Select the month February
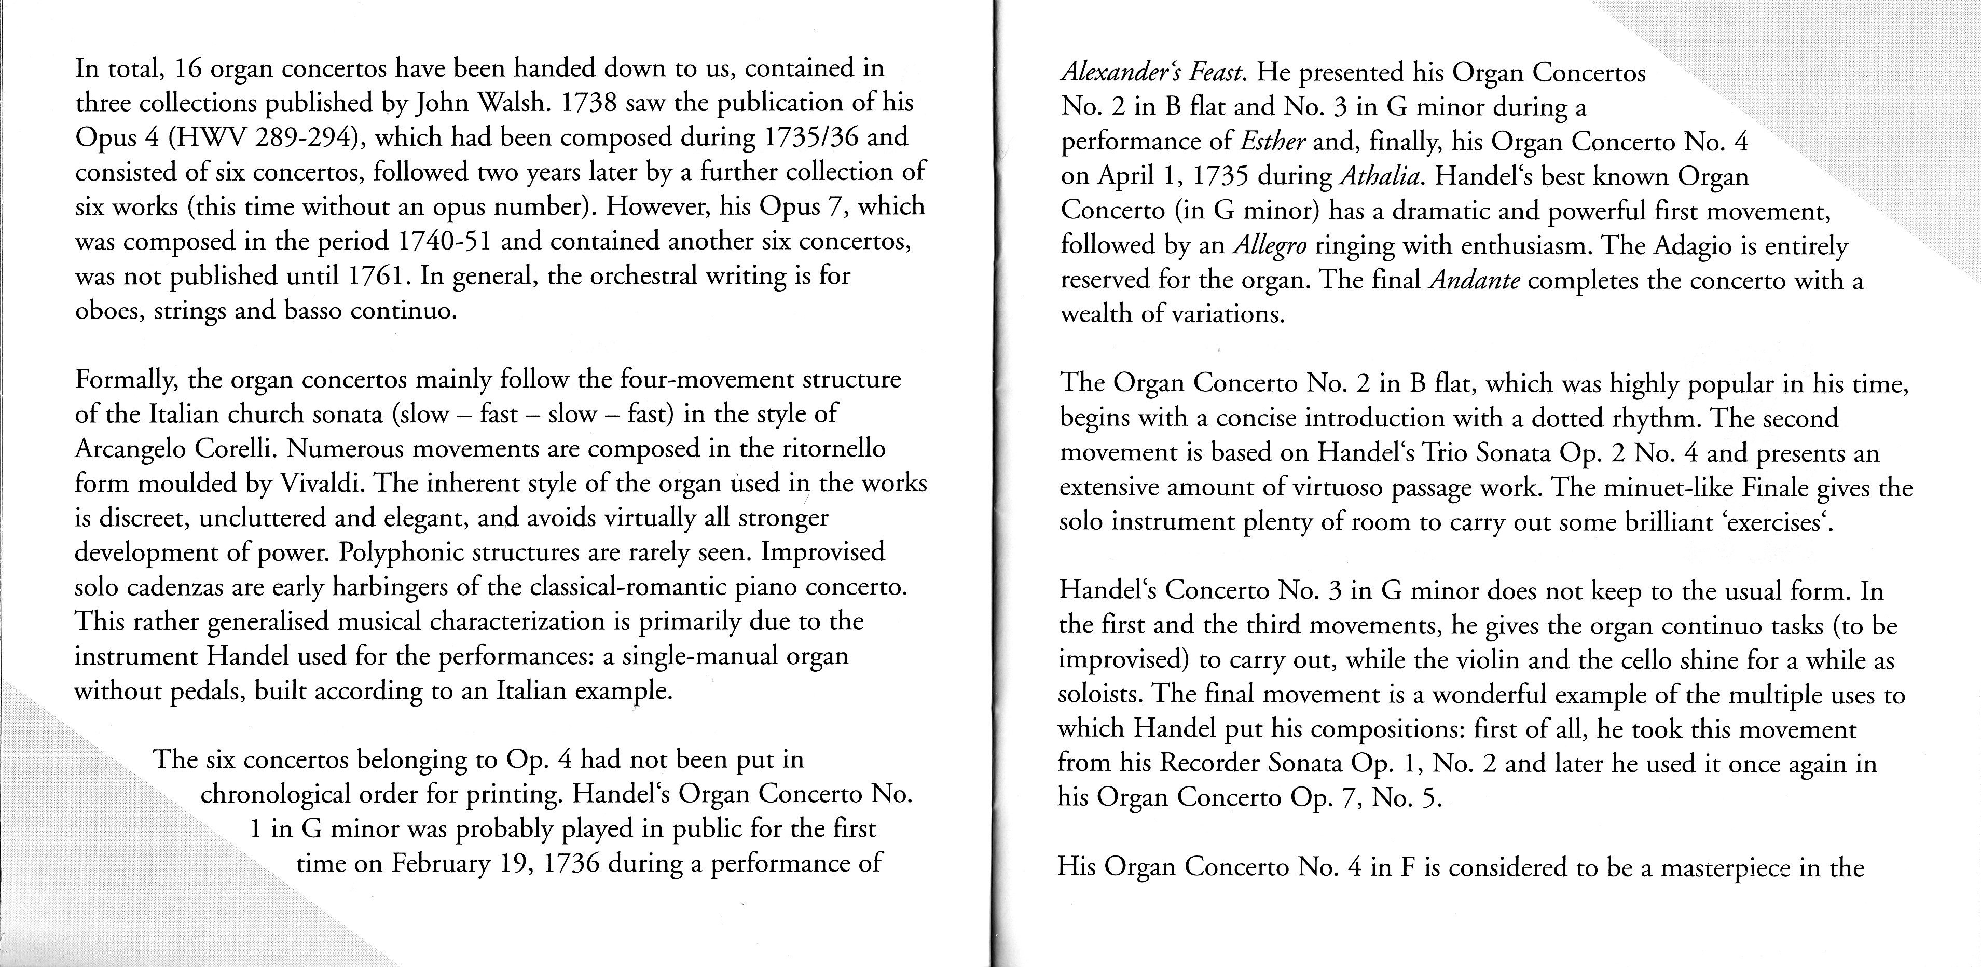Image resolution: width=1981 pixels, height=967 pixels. [x=441, y=863]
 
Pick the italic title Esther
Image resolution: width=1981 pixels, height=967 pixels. [x=1270, y=142]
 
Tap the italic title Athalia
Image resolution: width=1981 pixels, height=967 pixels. [x=1382, y=177]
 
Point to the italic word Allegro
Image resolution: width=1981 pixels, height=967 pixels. [x=1270, y=246]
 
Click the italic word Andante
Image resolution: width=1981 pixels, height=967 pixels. [x=1474, y=281]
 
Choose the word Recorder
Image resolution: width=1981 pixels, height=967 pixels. [x=1209, y=763]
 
